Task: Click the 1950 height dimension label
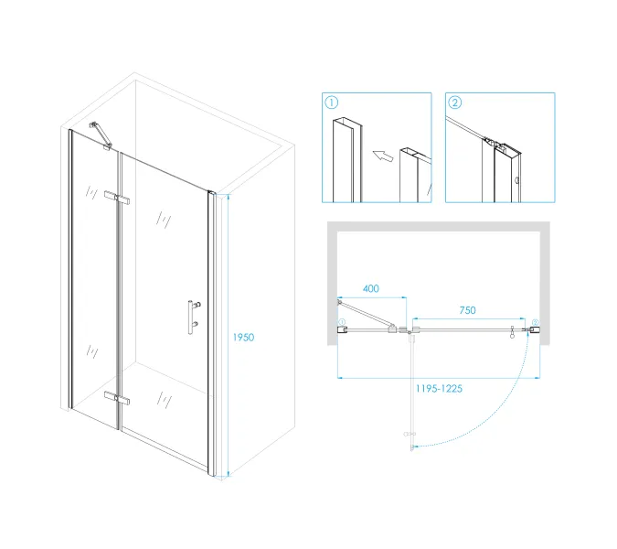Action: [x=243, y=337]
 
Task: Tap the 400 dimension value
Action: [x=371, y=288]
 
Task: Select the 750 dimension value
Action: [x=467, y=310]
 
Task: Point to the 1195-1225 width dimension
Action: [x=439, y=389]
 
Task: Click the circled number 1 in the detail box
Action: [x=332, y=102]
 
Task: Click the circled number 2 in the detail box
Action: [x=455, y=102]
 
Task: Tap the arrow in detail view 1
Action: [x=383, y=156]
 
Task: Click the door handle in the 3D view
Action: [x=193, y=317]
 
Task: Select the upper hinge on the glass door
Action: [x=117, y=198]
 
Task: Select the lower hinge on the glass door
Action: [x=117, y=398]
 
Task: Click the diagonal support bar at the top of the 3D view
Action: [x=101, y=135]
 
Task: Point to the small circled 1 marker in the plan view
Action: [x=342, y=322]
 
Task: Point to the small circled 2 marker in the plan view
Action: [x=535, y=323]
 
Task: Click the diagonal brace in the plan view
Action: [x=366, y=314]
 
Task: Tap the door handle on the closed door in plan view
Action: [x=512, y=331]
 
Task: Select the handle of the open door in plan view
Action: [x=410, y=434]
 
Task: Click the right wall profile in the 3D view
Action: [x=212, y=334]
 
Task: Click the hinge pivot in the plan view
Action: [x=410, y=333]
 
